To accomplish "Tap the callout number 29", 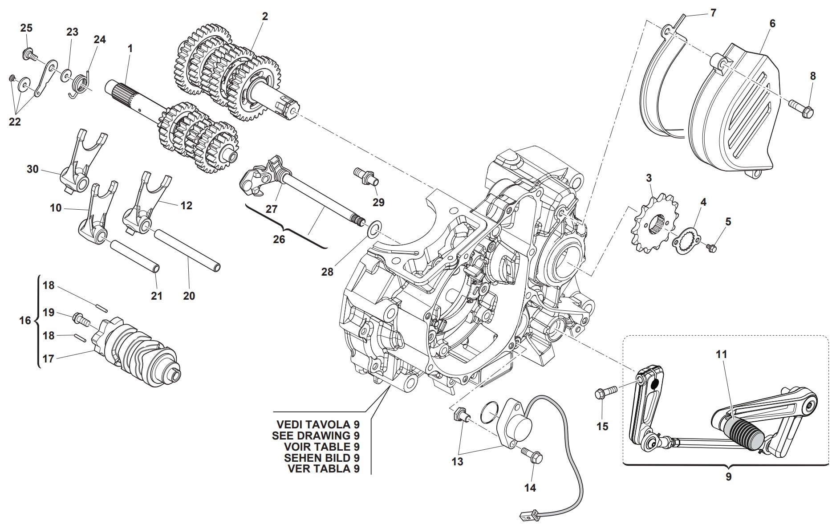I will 378,202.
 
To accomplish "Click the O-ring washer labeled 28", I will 373,229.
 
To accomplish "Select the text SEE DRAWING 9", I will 316,435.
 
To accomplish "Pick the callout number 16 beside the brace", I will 25,321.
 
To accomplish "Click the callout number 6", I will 772,23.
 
